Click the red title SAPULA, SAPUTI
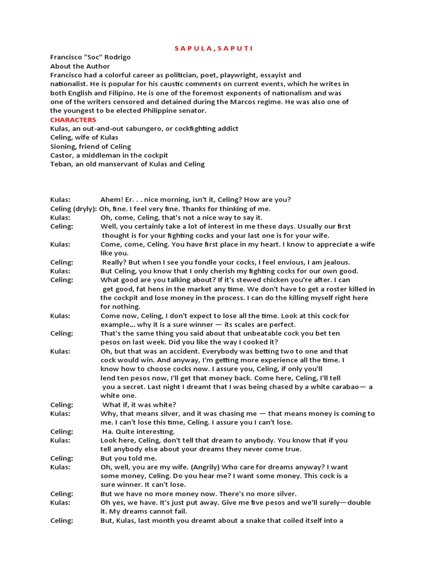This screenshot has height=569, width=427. click(214, 48)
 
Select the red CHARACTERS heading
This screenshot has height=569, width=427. click(73, 119)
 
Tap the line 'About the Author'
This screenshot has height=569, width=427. click(80, 66)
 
